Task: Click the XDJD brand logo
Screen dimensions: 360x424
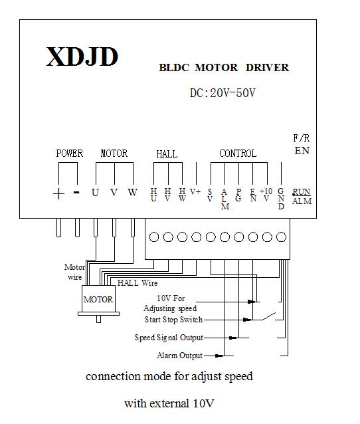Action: tap(82, 56)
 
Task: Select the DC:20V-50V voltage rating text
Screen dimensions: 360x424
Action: tap(223, 93)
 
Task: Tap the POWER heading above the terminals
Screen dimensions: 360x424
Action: tap(70, 154)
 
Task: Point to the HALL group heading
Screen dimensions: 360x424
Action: tap(167, 154)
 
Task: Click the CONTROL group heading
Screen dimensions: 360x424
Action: tap(238, 154)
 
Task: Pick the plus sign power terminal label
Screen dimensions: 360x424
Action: tap(58, 193)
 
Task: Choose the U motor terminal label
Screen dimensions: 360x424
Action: tap(95, 193)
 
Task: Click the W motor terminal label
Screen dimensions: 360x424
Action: tap(132, 192)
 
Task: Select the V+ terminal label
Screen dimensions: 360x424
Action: tap(195, 191)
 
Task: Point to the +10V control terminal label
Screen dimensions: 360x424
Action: tap(266, 195)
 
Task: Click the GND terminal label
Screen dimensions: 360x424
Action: tap(281, 199)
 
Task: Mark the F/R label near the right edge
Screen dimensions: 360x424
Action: tap(302, 138)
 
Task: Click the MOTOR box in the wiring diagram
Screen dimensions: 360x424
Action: tap(98, 299)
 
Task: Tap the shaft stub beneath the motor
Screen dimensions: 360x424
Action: tap(99, 319)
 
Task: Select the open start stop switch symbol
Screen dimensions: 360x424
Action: tap(269, 316)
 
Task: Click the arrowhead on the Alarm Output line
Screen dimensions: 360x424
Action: tap(219, 356)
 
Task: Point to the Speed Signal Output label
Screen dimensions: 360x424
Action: tap(169, 338)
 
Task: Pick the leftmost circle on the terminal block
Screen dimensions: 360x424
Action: tap(154, 237)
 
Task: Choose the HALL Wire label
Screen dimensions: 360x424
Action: tap(137, 283)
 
